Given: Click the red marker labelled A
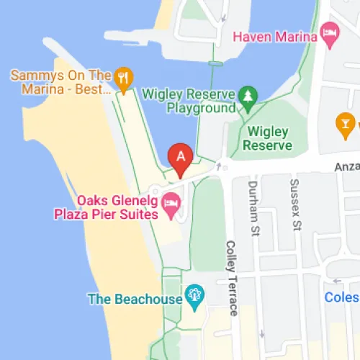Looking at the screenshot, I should pos(180,159).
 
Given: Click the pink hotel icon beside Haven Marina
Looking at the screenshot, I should pos(330,32).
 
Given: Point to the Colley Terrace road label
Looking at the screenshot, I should pos(232,277).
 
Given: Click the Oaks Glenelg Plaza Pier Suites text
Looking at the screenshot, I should pos(105,207).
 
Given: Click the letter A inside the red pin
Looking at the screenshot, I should pos(180,154).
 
